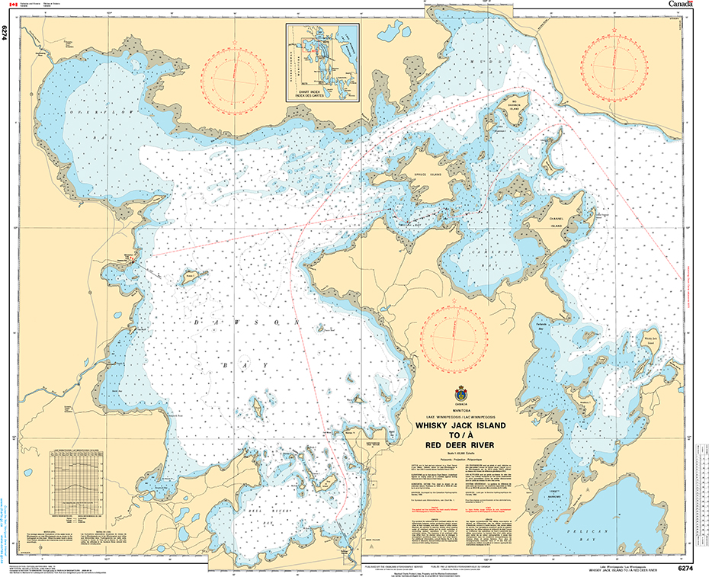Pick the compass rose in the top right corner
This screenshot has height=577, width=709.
pos(612,68)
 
